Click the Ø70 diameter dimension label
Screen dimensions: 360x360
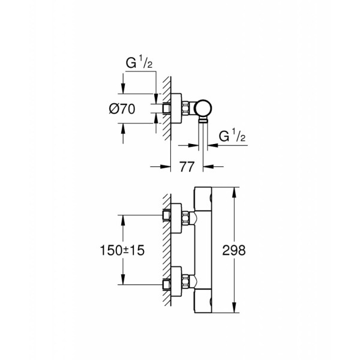(122, 109)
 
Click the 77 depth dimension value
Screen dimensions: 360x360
(187, 167)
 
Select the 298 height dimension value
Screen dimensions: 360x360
(234, 250)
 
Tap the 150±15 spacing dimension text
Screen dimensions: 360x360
(122, 250)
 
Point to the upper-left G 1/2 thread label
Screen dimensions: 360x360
(139, 62)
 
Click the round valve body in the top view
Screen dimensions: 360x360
(203, 109)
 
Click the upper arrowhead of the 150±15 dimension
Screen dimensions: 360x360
(123, 221)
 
